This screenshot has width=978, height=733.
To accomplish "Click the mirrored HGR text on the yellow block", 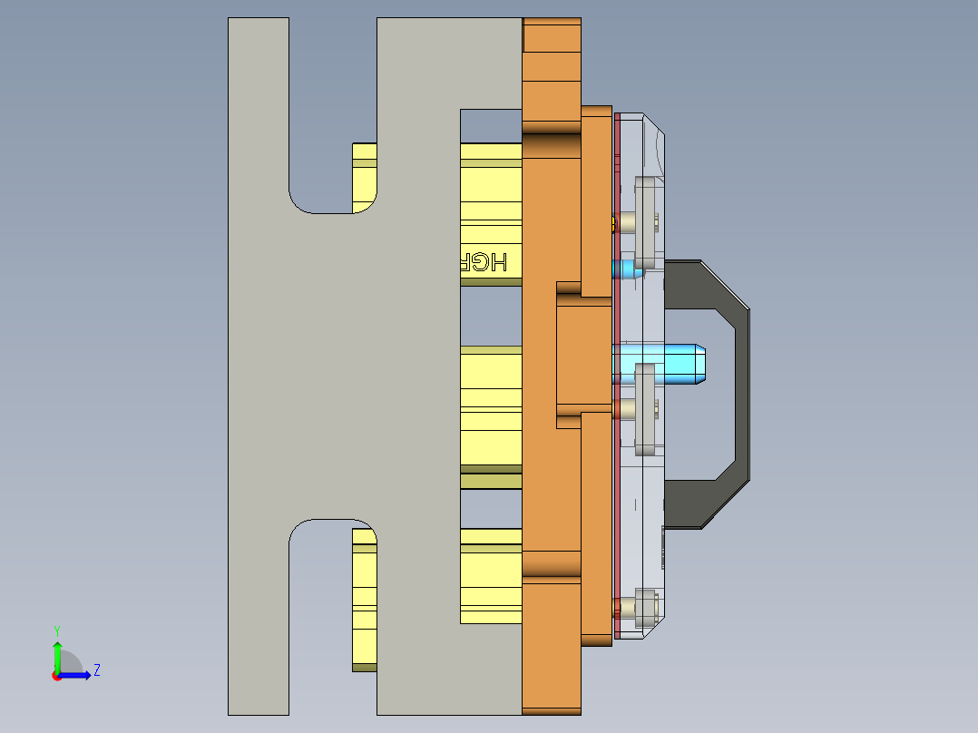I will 480,262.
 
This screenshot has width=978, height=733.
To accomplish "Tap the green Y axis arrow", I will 57,654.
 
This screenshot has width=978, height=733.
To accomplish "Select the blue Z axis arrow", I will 76,674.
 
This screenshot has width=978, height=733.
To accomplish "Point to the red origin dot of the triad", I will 57,676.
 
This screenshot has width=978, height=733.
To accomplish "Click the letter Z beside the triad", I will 96,670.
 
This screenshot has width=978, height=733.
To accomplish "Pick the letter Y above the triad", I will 56,630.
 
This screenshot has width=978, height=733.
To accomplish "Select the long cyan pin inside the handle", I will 671,363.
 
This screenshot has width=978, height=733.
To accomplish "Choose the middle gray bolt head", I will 645,408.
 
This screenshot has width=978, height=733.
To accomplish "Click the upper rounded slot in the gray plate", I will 320,181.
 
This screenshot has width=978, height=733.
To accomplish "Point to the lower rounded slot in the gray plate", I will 320,553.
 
